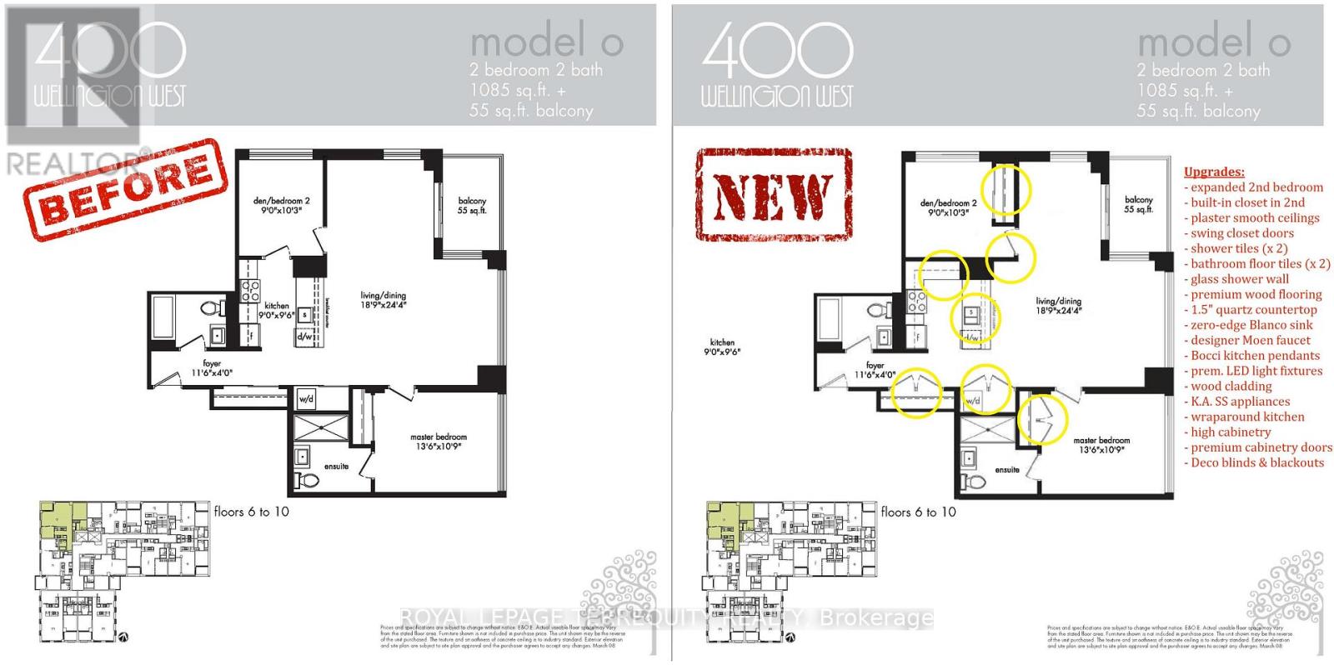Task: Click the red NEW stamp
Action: click(x=774, y=195)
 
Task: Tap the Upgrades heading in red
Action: click(x=1214, y=172)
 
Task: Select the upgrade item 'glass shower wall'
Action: click(x=1239, y=279)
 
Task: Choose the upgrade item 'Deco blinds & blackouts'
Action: click(x=1256, y=462)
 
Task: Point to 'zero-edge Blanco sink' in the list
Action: click(x=1251, y=325)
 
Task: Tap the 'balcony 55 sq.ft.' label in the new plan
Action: click(x=1138, y=205)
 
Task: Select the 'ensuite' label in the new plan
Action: click(x=1006, y=470)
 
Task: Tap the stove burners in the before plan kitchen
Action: click(x=250, y=290)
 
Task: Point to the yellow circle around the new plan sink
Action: click(x=976, y=317)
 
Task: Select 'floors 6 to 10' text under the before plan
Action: click(x=251, y=512)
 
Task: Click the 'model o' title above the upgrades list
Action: click(x=1213, y=42)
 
